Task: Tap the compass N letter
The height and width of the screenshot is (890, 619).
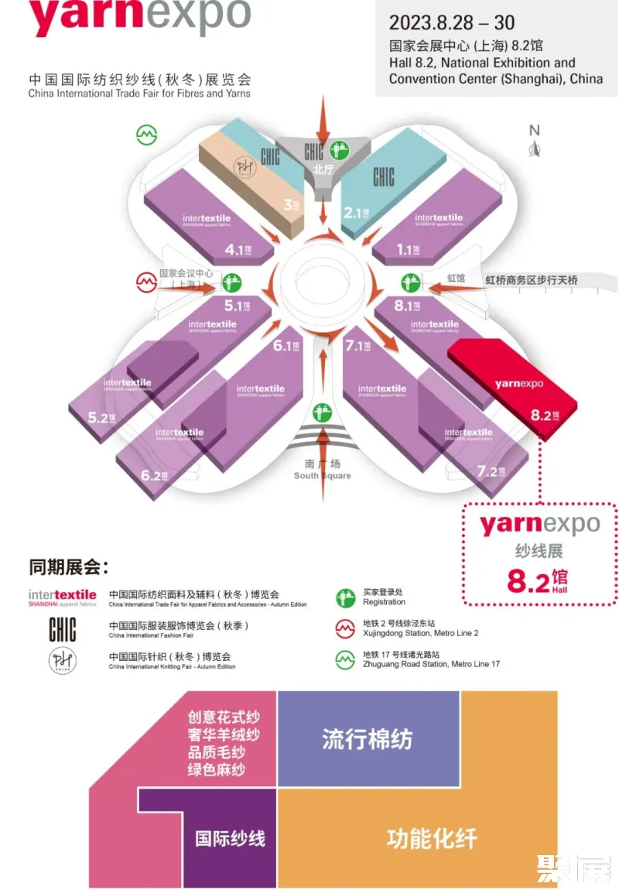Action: (534, 130)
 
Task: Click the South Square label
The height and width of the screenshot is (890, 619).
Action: (322, 470)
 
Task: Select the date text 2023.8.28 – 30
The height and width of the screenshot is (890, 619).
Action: (452, 22)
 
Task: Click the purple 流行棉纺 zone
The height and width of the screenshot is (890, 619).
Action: (368, 738)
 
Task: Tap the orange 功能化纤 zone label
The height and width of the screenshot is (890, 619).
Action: (432, 837)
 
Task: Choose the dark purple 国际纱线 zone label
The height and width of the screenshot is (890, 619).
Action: (230, 837)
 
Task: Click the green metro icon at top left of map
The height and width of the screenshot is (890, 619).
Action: (147, 135)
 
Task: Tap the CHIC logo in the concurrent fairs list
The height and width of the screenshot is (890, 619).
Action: (63, 628)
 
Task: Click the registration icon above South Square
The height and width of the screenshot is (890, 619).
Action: (323, 413)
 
